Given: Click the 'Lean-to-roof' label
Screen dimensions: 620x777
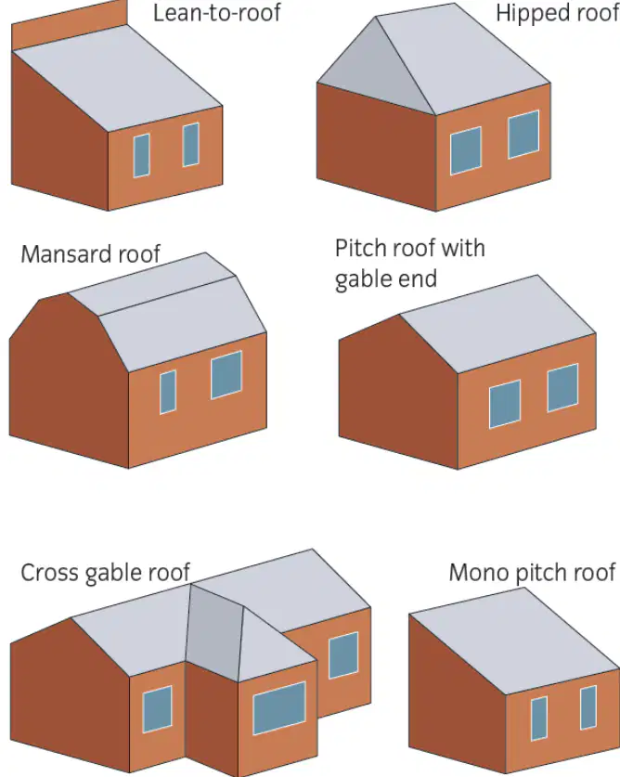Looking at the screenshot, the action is point(216,13).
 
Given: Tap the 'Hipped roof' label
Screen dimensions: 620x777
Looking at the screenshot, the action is point(558,13).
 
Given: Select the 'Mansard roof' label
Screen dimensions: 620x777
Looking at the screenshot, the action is point(91,254).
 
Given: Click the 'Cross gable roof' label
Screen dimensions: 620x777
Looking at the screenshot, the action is point(105,573).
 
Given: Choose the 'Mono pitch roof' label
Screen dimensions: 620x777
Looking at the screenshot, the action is point(532,573).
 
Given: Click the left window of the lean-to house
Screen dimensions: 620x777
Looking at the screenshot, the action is point(141,156).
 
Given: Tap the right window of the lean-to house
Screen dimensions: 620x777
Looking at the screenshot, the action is point(191,145).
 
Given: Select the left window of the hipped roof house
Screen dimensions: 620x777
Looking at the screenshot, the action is point(465,151).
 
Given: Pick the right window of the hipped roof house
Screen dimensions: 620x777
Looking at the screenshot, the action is point(523,135).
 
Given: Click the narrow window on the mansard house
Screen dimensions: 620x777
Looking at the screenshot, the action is point(168,392).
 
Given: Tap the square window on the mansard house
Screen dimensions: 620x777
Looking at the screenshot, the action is point(226,375).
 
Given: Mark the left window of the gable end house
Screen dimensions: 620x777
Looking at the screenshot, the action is point(505,404).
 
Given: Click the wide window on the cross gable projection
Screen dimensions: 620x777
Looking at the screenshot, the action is point(279,708).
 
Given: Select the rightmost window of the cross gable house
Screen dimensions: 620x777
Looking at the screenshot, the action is point(343,655).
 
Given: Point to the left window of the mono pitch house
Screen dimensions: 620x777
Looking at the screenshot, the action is point(539,719).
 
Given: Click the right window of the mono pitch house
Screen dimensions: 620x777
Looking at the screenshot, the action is point(588,707).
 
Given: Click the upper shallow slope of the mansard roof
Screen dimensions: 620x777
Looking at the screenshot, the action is point(152,284).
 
